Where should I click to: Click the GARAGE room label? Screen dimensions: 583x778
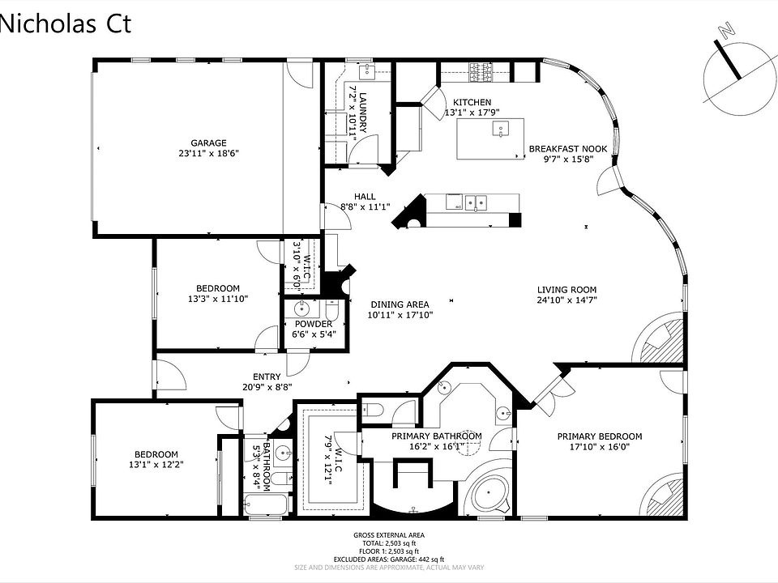pyautogui.click(x=208, y=143)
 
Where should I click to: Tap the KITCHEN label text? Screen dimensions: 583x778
pyautogui.click(x=472, y=102)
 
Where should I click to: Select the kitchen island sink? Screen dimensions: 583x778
pyautogui.click(x=501, y=127)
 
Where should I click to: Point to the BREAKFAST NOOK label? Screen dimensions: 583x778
pyautogui.click(x=567, y=149)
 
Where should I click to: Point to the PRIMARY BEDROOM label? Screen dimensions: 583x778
pyautogui.click(x=599, y=436)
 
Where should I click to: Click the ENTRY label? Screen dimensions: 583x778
pyautogui.click(x=267, y=377)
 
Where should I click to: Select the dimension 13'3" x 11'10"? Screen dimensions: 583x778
pyautogui.click(x=217, y=299)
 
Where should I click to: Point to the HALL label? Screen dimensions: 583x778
pyautogui.click(x=364, y=196)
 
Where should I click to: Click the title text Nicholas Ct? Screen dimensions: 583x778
pyautogui.click(x=65, y=23)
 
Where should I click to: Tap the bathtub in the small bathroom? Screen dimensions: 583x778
pyautogui.click(x=265, y=506)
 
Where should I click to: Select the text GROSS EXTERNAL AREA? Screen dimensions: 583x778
pyautogui.click(x=389, y=535)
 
